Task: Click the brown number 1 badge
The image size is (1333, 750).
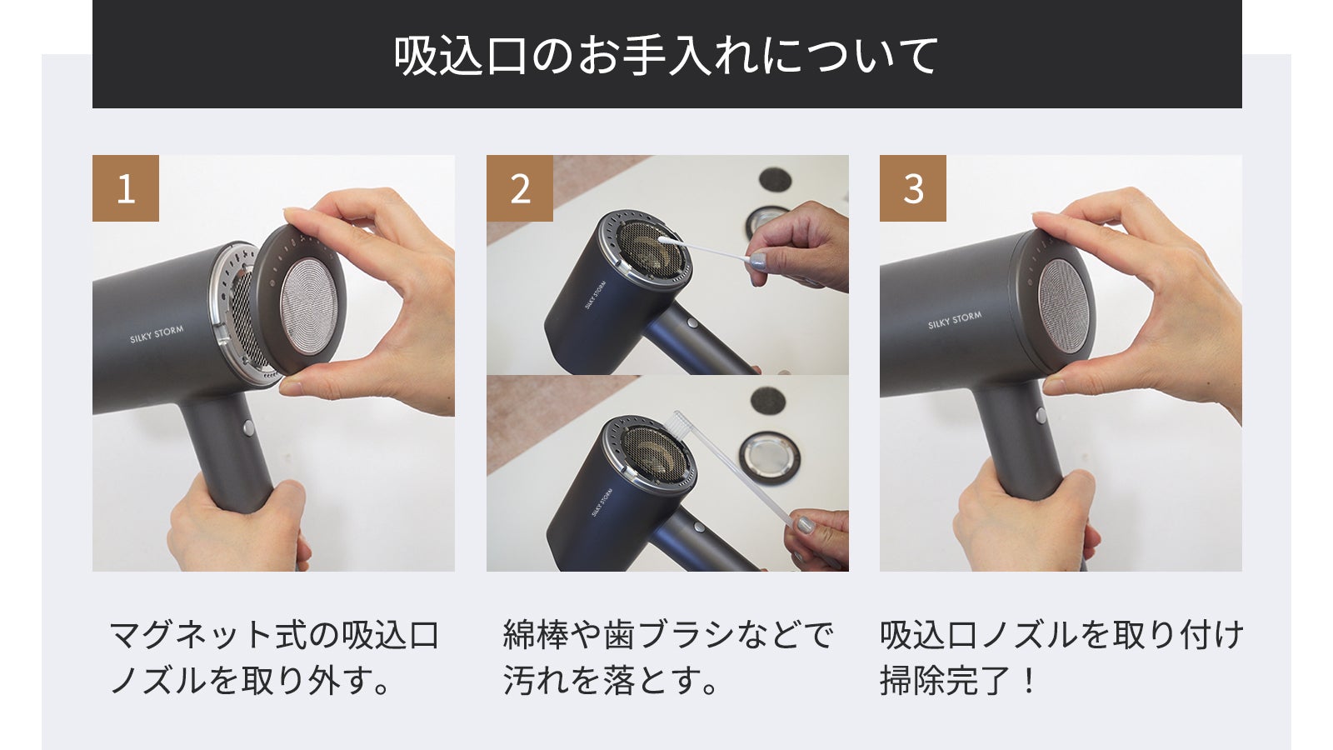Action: pyautogui.click(x=126, y=188)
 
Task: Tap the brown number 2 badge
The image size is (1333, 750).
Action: pyautogui.click(x=520, y=188)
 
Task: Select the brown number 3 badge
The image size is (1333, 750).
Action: pyautogui.click(x=913, y=188)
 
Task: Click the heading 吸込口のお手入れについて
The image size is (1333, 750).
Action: pyautogui.click(x=666, y=55)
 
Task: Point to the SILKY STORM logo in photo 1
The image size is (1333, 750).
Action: pyautogui.click(x=157, y=334)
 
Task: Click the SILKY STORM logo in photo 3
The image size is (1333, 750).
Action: pyautogui.click(x=955, y=320)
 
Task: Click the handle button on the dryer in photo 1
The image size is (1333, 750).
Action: pyautogui.click(x=248, y=427)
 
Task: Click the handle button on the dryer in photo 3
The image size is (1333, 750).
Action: pyautogui.click(x=1041, y=415)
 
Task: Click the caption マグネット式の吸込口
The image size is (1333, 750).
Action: pyautogui.click(x=274, y=636)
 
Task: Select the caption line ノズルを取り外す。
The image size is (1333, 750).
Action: pyautogui.click(x=250, y=680)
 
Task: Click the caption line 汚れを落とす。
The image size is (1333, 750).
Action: pyautogui.click(x=610, y=680)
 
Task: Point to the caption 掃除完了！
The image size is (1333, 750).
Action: pyautogui.click(x=959, y=680)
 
